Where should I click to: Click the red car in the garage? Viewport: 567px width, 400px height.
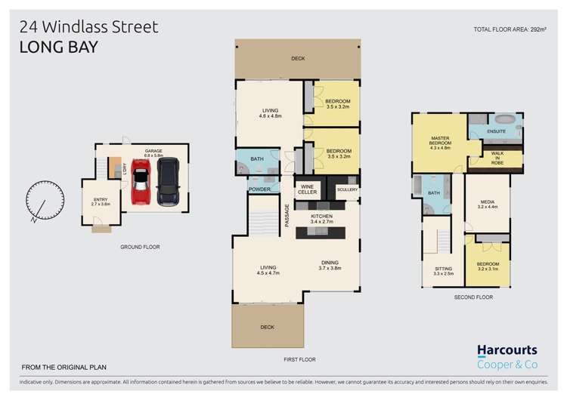click(141, 181)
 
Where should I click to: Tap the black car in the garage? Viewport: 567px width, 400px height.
click(167, 181)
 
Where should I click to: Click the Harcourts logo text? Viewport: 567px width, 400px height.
click(507, 350)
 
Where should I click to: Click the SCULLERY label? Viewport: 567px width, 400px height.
click(347, 189)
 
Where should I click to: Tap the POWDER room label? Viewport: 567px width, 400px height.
click(259, 189)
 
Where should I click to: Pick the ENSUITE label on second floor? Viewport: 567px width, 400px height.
click(496, 132)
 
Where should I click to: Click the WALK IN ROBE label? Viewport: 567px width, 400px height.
click(497, 158)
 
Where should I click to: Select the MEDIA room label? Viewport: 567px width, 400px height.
click(487, 204)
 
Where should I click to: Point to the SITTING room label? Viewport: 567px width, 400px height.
click(443, 271)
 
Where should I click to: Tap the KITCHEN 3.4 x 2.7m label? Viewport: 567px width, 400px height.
click(322, 219)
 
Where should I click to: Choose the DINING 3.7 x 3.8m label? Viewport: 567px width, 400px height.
click(330, 265)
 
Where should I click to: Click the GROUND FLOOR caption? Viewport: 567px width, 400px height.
click(140, 247)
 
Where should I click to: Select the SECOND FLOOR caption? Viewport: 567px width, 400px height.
click(473, 297)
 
